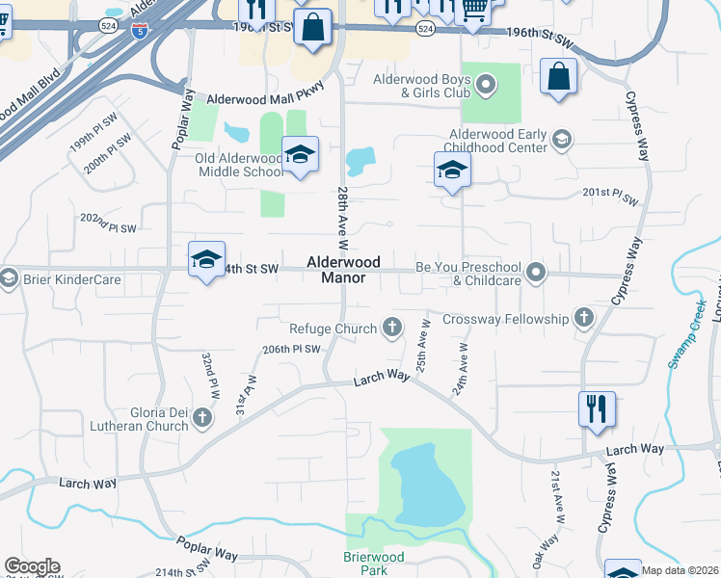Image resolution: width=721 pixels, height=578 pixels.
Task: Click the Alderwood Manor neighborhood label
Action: click(344, 270)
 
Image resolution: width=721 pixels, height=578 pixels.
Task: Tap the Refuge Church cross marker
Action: click(391, 328)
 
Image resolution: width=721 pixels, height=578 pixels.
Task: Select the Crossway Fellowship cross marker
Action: click(583, 318)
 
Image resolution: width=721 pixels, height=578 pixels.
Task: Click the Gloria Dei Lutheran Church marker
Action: click(201, 417)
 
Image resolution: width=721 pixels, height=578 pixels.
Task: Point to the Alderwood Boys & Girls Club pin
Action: click(487, 85)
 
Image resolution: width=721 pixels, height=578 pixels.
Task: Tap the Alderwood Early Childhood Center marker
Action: click(560, 142)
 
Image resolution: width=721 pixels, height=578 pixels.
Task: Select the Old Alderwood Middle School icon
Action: click(300, 156)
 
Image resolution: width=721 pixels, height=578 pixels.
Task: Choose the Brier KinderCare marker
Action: click(9, 279)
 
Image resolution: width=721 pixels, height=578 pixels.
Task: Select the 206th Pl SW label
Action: click(291, 350)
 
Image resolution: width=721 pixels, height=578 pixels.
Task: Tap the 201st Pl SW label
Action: click(611, 196)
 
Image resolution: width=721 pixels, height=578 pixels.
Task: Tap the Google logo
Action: click(32, 566)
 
